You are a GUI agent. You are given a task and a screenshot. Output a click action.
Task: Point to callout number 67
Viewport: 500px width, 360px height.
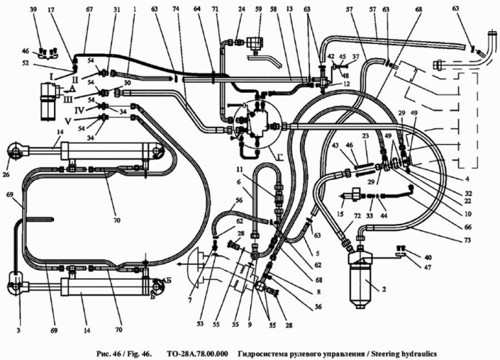tap(89, 9)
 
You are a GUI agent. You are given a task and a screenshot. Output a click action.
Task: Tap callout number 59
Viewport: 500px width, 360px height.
tap(259, 9)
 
